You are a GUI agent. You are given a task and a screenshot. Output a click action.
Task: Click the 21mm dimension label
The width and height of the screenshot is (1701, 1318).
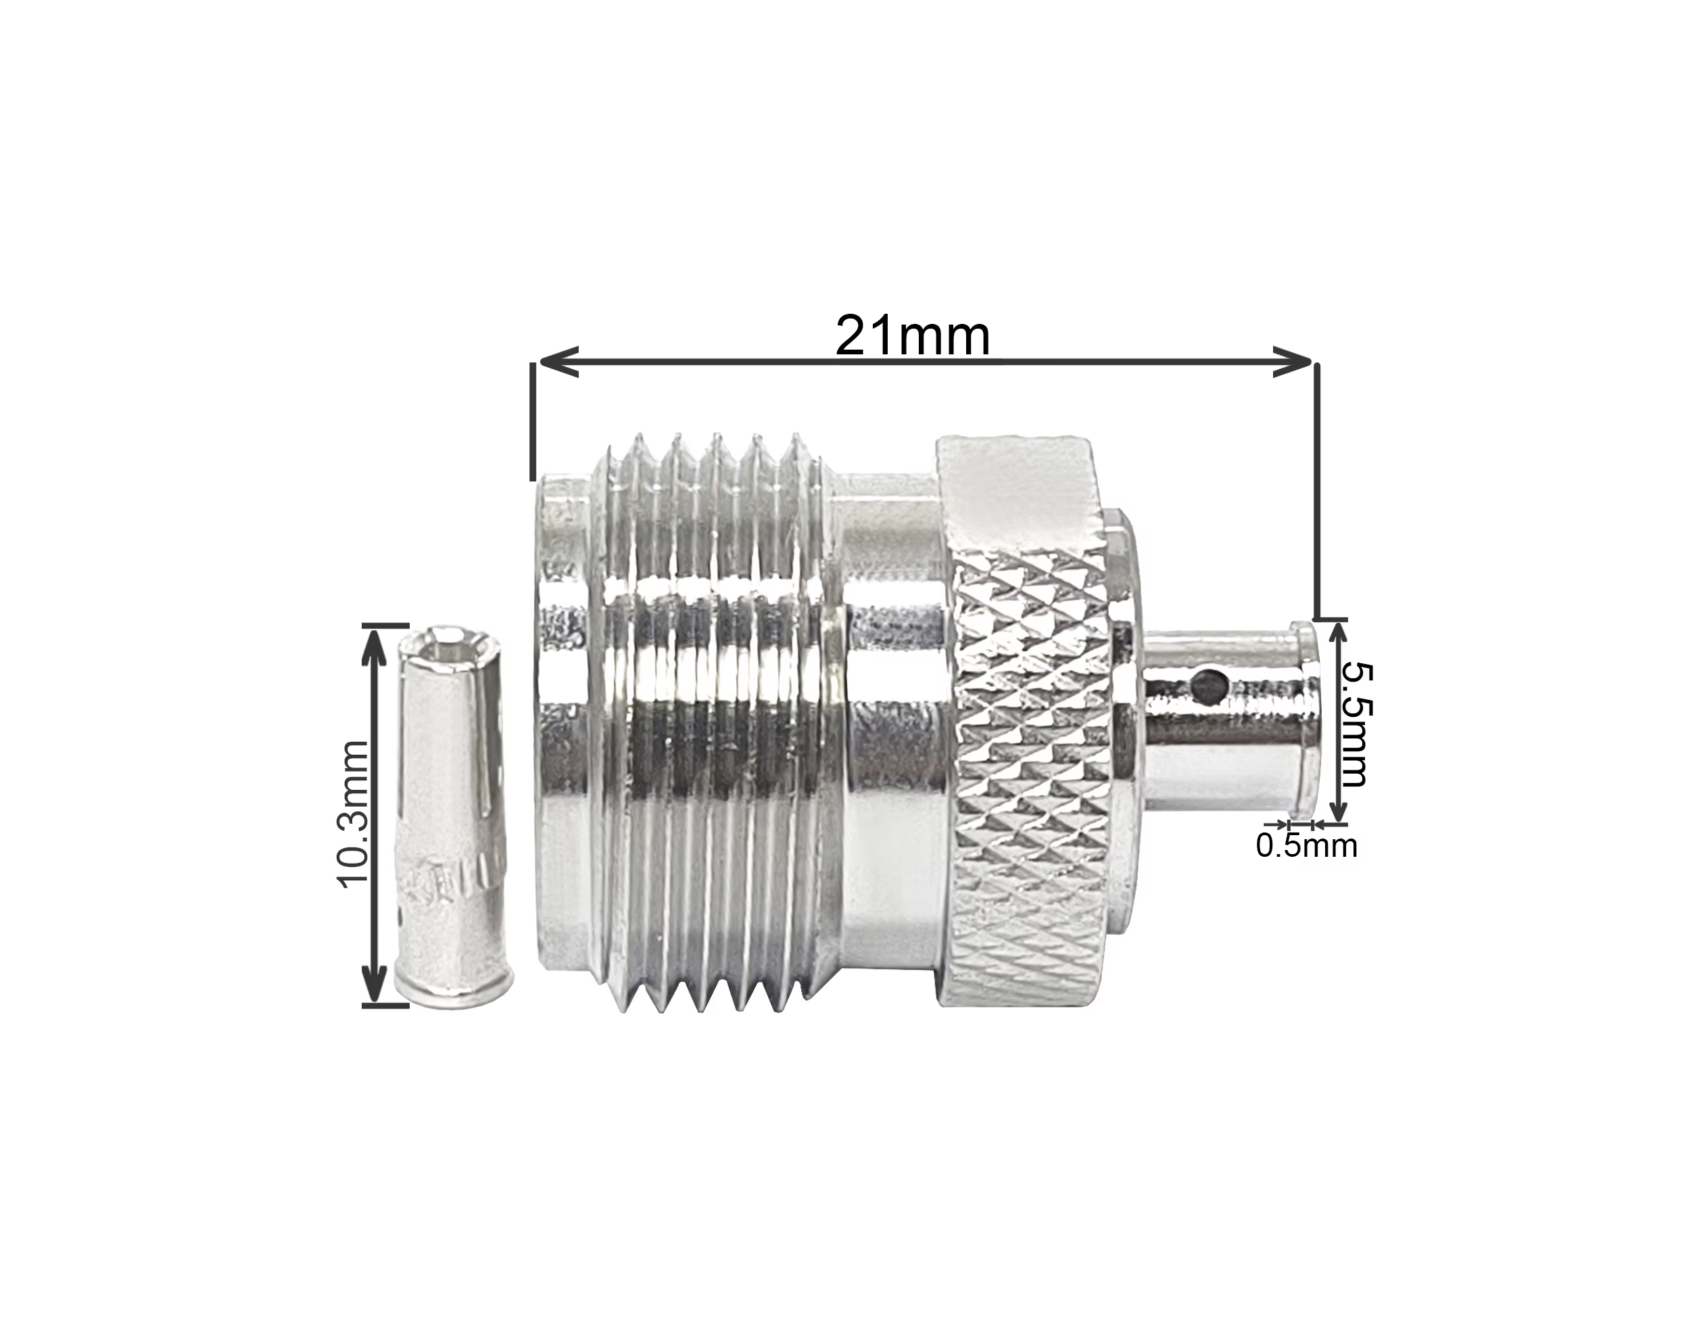point(912,335)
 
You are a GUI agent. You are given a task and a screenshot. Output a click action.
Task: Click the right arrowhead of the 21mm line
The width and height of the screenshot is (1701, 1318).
point(1293,361)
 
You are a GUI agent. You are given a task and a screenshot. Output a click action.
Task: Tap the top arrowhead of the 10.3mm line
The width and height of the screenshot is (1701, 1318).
point(376,648)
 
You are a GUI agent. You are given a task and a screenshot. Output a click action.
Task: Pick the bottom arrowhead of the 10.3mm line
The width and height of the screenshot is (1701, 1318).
point(376,983)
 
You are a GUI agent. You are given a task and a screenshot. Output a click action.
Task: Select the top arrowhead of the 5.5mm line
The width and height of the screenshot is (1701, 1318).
point(1338,640)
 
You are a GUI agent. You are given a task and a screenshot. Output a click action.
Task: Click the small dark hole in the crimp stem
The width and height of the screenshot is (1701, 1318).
point(1209,685)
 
